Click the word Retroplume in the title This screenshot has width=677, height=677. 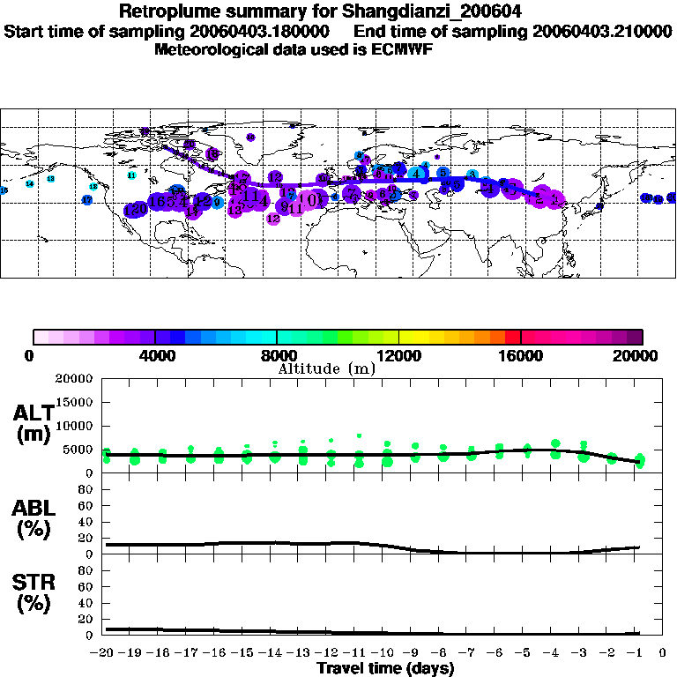164,12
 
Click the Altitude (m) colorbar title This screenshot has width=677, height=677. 327,368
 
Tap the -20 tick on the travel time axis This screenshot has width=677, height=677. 106,653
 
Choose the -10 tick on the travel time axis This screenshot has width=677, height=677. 385,653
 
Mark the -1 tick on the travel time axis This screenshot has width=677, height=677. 638,653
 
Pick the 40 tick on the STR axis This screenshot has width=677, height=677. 86,603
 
